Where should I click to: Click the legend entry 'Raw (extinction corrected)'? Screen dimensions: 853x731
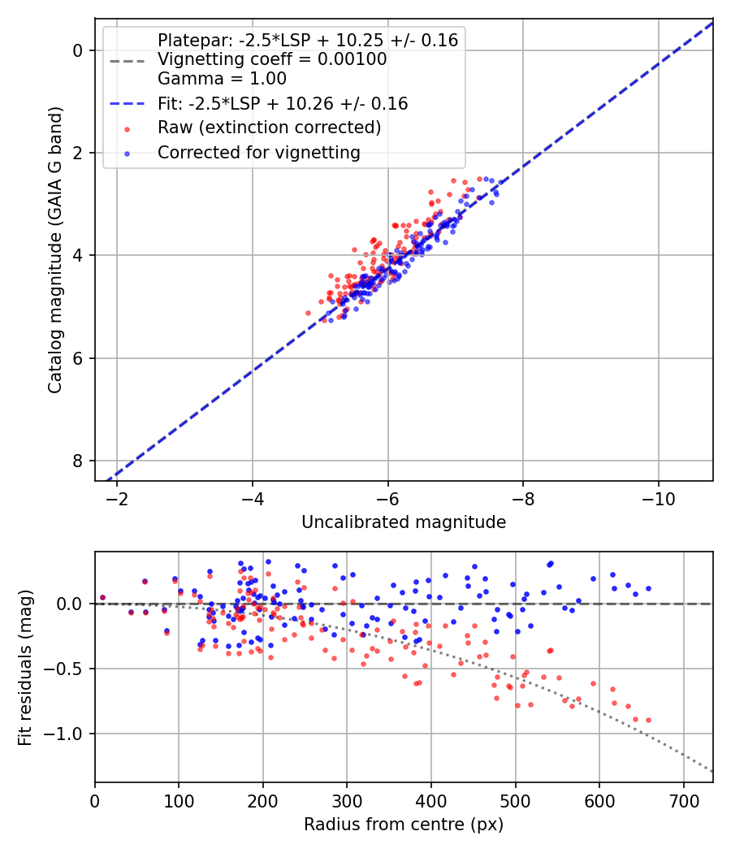click(269, 128)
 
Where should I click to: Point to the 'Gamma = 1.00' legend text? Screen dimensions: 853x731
click(222, 79)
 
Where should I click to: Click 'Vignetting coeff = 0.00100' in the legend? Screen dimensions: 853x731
click(272, 59)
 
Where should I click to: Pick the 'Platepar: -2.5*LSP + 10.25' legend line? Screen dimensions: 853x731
click(308, 40)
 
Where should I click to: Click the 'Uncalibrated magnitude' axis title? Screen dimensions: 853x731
click(404, 522)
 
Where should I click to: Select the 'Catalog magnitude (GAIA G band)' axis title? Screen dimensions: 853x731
click(55, 248)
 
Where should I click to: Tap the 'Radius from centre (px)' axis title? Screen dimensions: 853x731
click(404, 825)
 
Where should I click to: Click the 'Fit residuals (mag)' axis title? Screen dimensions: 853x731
click(25, 667)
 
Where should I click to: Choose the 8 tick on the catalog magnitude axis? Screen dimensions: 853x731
click(79, 461)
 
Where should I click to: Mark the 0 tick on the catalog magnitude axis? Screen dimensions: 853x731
click(79, 50)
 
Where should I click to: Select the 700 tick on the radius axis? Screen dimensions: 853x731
click(683, 800)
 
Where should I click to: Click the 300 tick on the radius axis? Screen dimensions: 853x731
click(347, 800)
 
